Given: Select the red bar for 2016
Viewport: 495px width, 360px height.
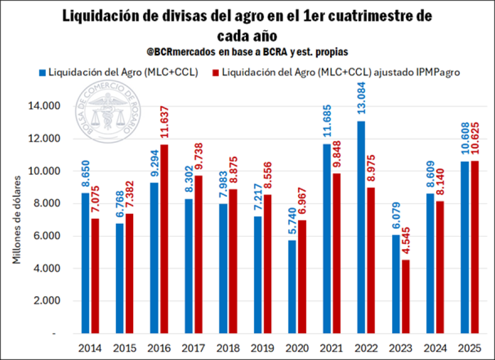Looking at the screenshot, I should coord(164,239).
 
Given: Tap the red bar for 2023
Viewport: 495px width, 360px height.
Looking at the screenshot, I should coord(406,297).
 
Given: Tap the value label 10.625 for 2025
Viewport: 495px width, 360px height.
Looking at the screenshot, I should coord(474,140).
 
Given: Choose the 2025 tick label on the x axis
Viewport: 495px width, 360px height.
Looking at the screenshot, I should coord(469,348).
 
